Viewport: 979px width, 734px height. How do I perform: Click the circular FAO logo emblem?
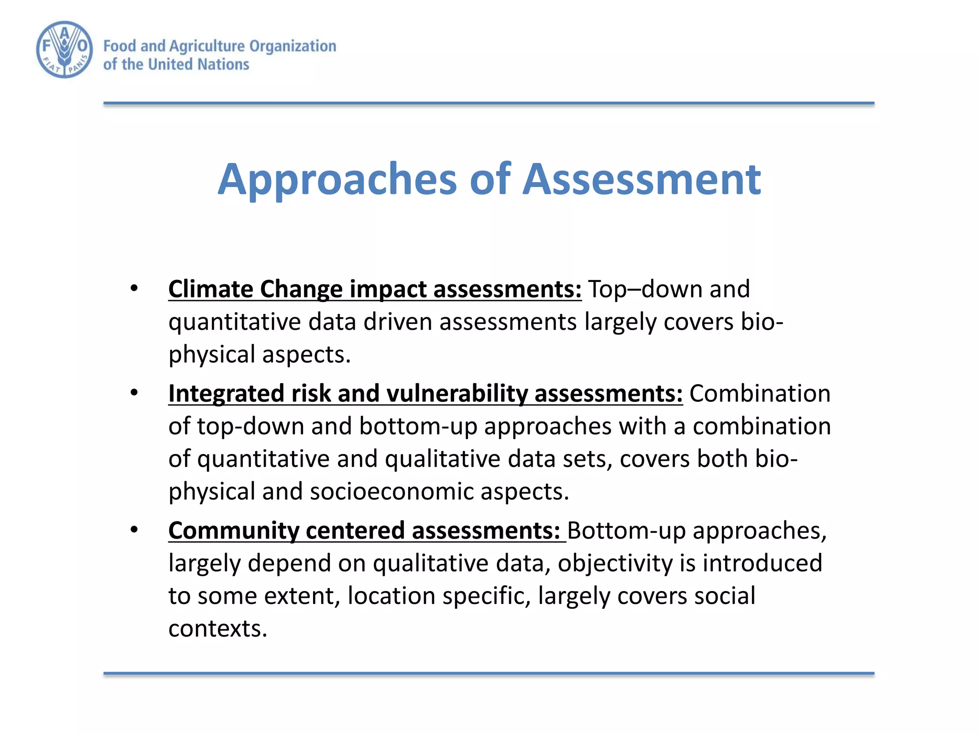point(65,49)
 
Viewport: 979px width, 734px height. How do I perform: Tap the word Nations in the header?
point(223,65)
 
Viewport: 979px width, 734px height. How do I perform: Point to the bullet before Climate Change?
point(134,288)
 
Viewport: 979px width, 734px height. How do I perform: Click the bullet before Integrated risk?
point(134,393)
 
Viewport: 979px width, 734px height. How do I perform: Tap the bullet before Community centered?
point(134,529)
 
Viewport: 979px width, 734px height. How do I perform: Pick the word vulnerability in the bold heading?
point(457,394)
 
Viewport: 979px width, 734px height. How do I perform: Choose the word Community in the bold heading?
point(233,531)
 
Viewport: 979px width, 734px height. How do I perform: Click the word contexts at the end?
point(217,628)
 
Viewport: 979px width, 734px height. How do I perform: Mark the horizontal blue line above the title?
point(489,103)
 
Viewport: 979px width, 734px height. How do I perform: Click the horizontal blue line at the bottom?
point(489,673)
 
